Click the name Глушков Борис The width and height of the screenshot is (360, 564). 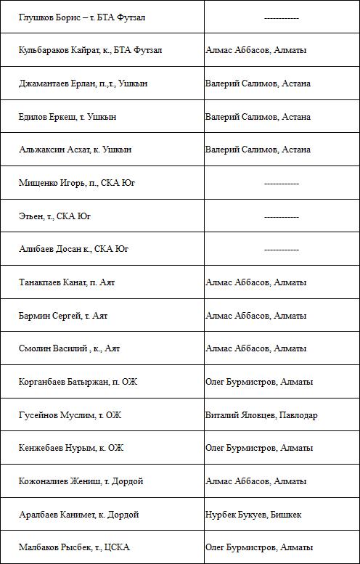pos(49,17)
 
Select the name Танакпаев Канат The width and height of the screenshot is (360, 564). pos(52,282)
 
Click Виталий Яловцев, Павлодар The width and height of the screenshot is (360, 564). pos(261,415)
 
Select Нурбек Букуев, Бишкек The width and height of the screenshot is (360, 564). pos(253,515)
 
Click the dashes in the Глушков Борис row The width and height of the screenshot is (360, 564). pos(282,17)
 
